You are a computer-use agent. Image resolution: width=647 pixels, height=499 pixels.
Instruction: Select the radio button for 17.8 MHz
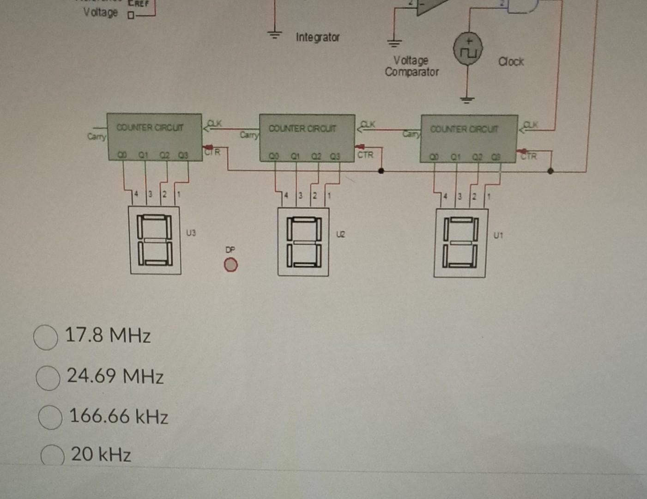tap(46, 337)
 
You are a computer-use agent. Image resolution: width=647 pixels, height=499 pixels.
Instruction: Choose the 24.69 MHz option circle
tap(48, 378)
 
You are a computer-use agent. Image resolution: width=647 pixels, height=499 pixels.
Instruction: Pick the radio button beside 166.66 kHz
tap(50, 417)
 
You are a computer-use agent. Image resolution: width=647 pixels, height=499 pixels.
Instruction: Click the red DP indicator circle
tap(230, 265)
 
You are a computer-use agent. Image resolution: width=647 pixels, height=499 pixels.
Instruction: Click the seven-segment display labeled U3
tap(155, 240)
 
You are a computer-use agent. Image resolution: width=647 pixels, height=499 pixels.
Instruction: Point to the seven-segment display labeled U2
tap(303, 242)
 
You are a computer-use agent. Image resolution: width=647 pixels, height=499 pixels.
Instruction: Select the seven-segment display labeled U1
tap(460, 243)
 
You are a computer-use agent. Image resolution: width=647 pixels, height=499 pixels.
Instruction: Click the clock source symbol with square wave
tap(468, 49)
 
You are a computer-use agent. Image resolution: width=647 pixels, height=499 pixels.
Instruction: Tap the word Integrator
tap(318, 37)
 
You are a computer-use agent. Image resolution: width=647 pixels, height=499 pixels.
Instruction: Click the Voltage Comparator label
tap(411, 66)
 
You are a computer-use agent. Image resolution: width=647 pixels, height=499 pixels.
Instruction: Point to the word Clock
tap(511, 61)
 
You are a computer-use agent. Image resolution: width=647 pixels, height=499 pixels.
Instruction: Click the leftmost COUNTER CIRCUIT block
tap(154, 137)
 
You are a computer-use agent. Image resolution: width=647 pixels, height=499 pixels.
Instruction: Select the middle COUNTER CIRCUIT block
tap(307, 138)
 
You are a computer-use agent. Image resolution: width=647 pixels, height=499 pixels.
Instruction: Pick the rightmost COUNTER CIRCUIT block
tap(469, 139)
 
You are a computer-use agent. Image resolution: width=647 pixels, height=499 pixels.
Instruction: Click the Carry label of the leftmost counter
tap(96, 136)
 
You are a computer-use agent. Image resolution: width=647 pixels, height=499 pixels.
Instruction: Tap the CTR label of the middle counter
tap(365, 155)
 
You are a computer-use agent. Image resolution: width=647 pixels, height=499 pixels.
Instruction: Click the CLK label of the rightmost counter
tap(531, 124)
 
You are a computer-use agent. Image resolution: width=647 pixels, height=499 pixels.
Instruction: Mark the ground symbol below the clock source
tap(467, 99)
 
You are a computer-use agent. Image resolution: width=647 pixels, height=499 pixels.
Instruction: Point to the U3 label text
tap(191, 233)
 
